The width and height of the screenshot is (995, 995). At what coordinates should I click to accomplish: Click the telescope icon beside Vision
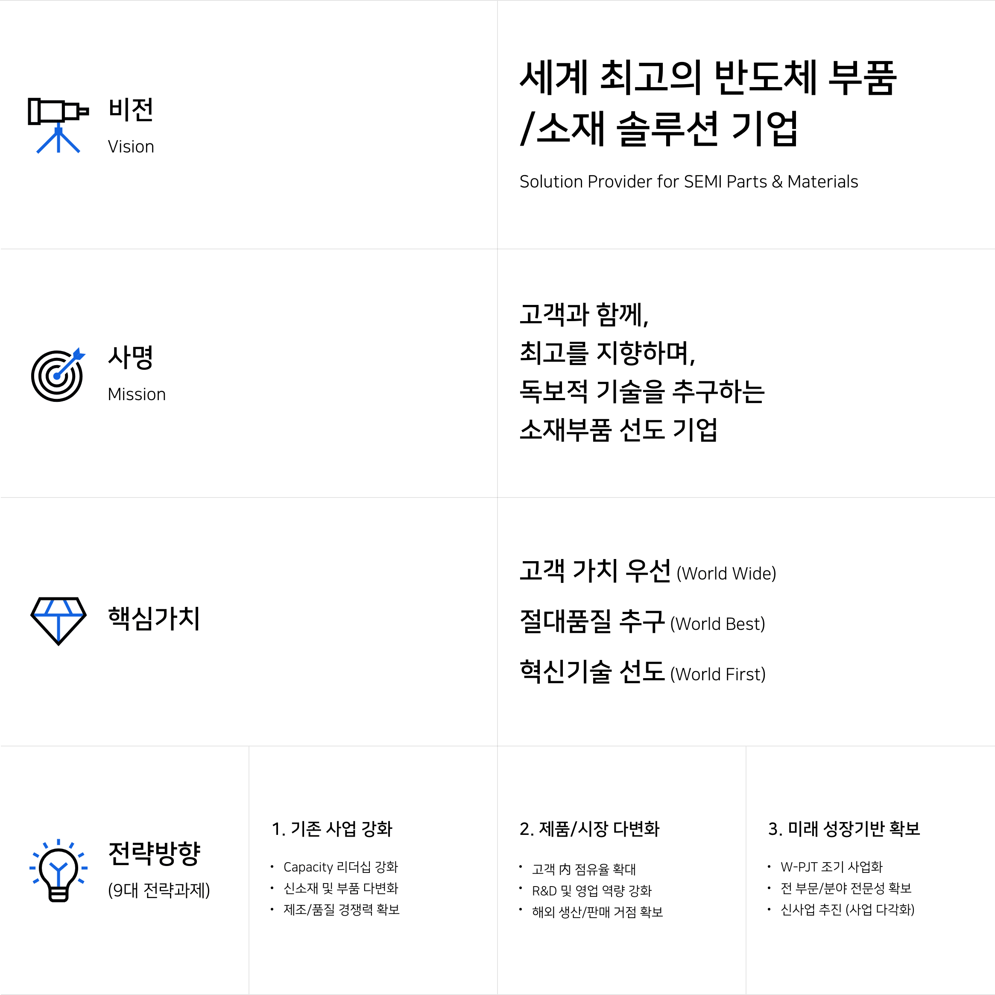tap(58, 126)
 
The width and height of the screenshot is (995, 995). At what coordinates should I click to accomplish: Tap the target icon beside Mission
tap(58, 375)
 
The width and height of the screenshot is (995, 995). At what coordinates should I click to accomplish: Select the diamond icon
tap(58, 621)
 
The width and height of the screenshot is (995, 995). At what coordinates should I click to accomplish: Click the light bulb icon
tap(58, 870)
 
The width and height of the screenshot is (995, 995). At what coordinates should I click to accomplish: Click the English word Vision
tap(131, 147)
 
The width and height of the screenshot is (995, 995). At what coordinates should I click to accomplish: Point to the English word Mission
tap(137, 395)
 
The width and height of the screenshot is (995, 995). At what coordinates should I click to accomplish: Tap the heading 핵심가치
tap(153, 618)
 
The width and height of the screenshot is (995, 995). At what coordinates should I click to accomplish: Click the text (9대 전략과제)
tap(158, 890)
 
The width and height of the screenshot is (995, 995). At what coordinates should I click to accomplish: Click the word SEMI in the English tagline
tap(703, 182)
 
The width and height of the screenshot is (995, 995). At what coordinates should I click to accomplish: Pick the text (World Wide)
tap(726, 574)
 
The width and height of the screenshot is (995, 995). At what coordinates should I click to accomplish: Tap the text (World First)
tap(718, 675)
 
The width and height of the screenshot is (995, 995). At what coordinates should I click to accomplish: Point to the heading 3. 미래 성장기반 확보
tap(844, 828)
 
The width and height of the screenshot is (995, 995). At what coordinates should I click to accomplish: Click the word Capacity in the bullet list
tap(308, 867)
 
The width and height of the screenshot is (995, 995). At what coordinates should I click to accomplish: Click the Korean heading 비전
tap(131, 110)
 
